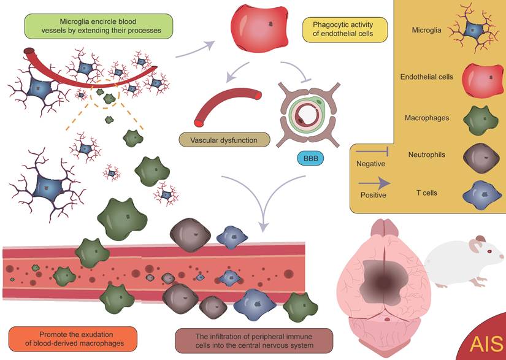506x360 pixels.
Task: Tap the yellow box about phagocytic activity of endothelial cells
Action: [x=347, y=29]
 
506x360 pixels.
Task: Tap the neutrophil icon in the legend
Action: [x=480, y=158]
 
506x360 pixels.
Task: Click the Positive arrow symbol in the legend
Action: [x=374, y=182]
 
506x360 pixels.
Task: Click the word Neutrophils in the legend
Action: [x=426, y=155]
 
